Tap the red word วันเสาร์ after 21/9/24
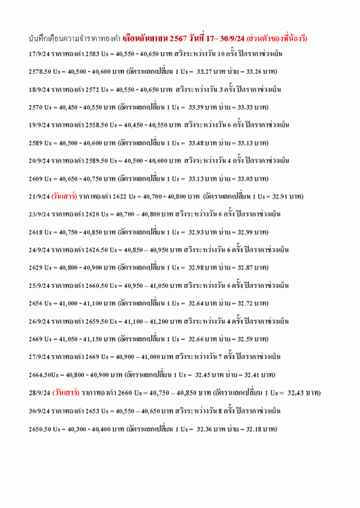tap(65, 196)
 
